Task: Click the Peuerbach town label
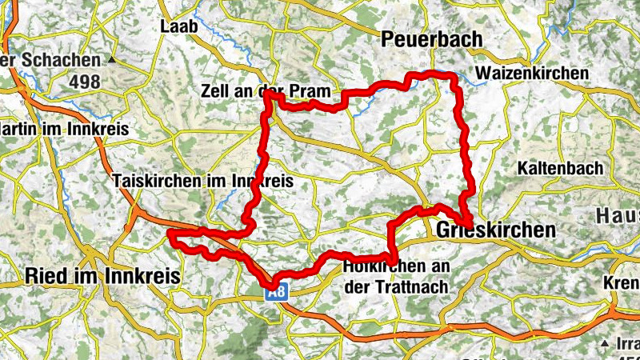(x=432, y=39)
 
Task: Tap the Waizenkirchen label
(x=531, y=74)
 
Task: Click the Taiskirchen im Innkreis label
(x=204, y=182)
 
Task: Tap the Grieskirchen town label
(x=496, y=230)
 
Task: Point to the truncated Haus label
(x=618, y=216)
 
